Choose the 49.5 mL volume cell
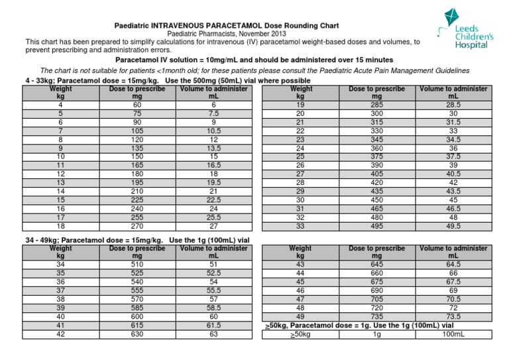pyautogui.click(x=453, y=225)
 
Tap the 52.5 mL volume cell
pyautogui.click(x=213, y=272)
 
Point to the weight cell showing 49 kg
pyautogui.click(x=300, y=316)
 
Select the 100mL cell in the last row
pyautogui.click(x=453, y=335)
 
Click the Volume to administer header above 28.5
pyautogui.click(x=453, y=92)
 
